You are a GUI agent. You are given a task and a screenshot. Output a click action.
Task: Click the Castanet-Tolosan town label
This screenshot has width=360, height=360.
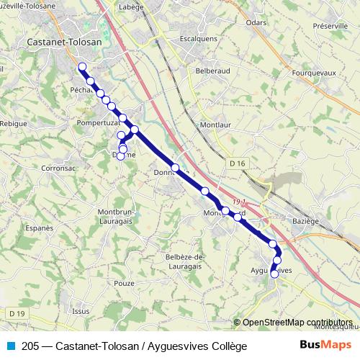pos(63,42)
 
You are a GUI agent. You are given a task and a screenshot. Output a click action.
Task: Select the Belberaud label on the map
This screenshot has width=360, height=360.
pos(212,71)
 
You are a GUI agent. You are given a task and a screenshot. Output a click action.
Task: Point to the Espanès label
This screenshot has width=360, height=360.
pos(40,228)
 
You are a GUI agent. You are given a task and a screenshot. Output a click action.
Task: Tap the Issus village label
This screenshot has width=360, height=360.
pos(81,311)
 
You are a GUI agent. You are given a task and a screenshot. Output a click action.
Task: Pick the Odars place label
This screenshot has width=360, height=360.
pos(256,23)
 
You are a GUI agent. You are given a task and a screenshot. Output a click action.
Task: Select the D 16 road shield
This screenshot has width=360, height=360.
pos(238,164)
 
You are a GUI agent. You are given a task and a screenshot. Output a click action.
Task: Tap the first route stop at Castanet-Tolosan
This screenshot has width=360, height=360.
pos(81,67)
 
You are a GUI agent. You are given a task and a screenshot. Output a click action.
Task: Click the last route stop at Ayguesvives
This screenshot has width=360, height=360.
pos(274,274)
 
